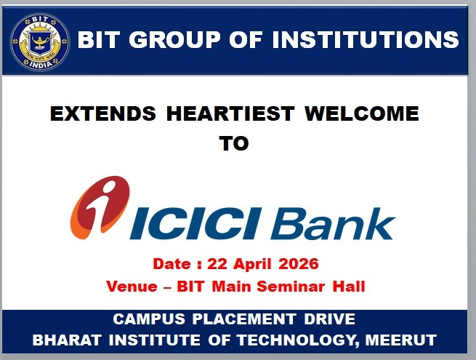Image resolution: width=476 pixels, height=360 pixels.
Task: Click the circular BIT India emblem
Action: (40, 41)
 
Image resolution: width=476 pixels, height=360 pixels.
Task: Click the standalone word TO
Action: (233, 143)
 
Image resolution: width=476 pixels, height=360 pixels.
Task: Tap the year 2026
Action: (297, 263)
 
